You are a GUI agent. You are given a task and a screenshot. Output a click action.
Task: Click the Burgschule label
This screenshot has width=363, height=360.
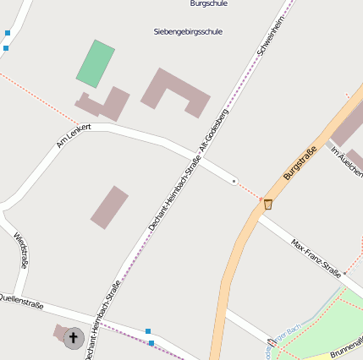[209, 4]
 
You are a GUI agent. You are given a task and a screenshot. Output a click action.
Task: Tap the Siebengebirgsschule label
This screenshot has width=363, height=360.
[188, 32]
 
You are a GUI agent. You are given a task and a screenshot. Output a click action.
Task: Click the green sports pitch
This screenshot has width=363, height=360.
[96, 64]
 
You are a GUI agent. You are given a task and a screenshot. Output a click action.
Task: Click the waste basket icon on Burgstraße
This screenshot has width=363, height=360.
[268, 204]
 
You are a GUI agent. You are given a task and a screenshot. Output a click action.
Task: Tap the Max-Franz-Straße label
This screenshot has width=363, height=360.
[316, 258]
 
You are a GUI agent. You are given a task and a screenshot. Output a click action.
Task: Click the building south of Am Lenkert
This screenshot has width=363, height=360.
[109, 207]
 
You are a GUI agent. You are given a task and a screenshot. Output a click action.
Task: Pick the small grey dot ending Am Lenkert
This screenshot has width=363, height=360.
[234, 180]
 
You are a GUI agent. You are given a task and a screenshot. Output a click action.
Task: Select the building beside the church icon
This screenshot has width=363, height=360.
[59, 331]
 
